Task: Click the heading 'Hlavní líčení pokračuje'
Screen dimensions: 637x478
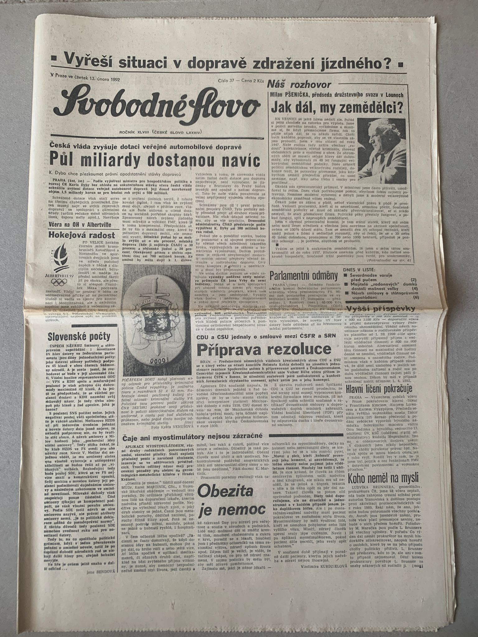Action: click(379, 389)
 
